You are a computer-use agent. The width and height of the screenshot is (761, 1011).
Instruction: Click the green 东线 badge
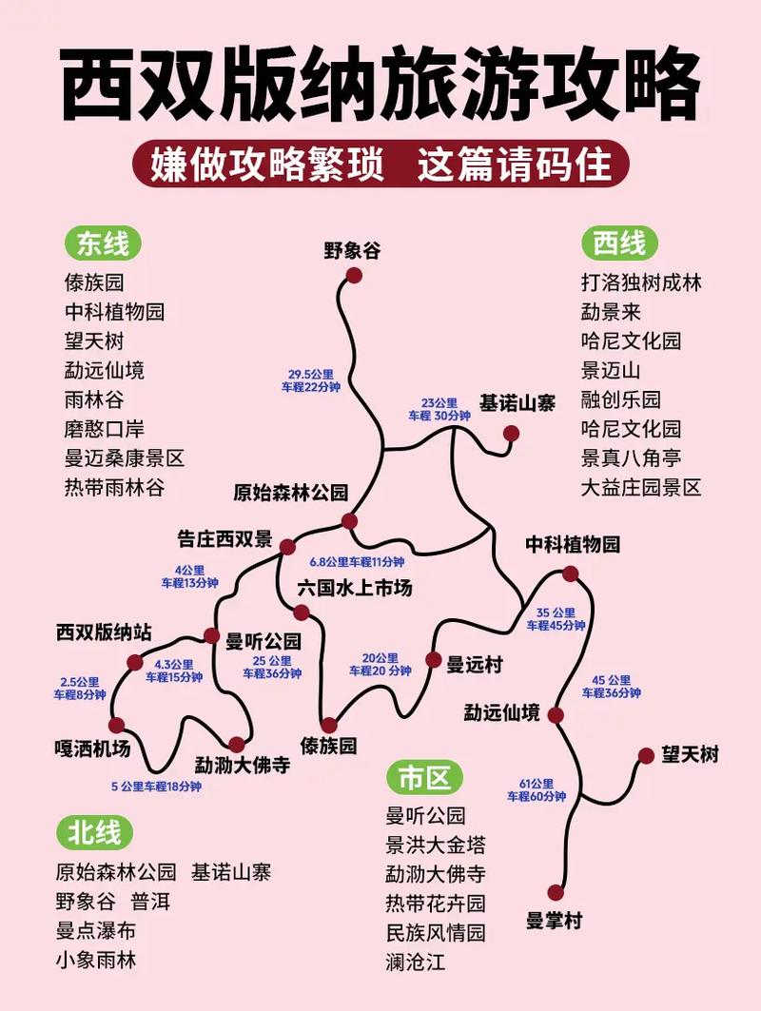tap(102, 244)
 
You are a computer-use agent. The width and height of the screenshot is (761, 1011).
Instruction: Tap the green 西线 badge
tap(619, 244)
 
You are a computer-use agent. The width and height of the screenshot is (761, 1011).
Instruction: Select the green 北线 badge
tap(94, 833)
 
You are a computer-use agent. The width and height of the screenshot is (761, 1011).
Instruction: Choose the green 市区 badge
tap(424, 778)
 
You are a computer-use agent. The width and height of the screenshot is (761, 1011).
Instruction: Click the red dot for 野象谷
tap(354, 275)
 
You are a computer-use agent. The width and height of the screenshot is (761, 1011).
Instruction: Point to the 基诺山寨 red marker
tap(512, 434)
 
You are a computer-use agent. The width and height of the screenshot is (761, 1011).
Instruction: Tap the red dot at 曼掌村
tap(556, 892)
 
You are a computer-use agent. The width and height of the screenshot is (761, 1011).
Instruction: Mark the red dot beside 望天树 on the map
tap(646, 756)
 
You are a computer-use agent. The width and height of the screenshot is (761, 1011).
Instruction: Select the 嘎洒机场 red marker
tap(116, 726)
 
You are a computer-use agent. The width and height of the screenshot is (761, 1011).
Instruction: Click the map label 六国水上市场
tap(354, 589)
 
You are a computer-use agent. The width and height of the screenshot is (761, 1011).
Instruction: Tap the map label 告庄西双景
tap(224, 538)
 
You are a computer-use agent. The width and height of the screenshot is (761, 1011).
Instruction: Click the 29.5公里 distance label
tap(309, 380)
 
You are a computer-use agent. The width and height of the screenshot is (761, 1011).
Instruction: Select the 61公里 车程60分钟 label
tap(536, 789)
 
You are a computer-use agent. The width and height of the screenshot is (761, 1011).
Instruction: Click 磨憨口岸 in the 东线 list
tap(104, 429)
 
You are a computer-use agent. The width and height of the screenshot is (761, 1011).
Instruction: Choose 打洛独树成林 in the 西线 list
tap(640, 282)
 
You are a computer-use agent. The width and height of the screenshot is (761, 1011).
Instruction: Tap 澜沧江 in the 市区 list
tap(415, 962)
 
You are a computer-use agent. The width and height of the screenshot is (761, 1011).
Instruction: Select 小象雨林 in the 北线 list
tap(95, 960)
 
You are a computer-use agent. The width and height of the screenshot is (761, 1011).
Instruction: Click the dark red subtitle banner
tap(380, 164)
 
